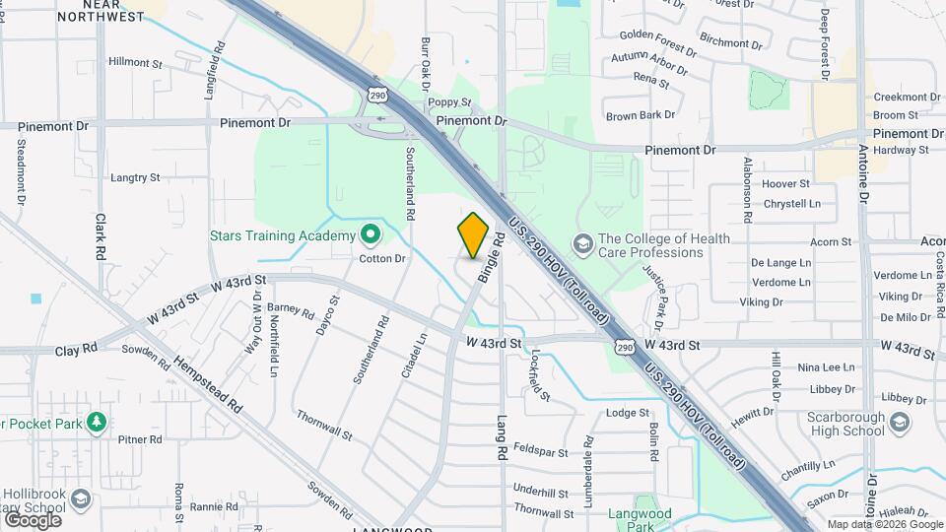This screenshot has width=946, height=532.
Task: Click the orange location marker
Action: click(474, 234)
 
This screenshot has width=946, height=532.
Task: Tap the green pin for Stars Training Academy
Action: click(370, 235)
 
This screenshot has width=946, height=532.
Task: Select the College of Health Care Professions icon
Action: click(582, 243)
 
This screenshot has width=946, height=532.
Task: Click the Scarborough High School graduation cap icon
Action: click(899, 423)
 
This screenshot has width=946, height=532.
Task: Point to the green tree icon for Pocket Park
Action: click(96, 424)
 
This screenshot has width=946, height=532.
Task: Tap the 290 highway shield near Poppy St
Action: click(376, 95)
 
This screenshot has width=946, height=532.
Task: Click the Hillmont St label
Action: click(135, 62)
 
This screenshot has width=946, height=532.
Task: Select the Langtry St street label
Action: click(135, 178)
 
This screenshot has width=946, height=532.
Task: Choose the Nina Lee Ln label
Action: click(825, 367)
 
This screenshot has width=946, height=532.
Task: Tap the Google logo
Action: click(33, 519)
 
